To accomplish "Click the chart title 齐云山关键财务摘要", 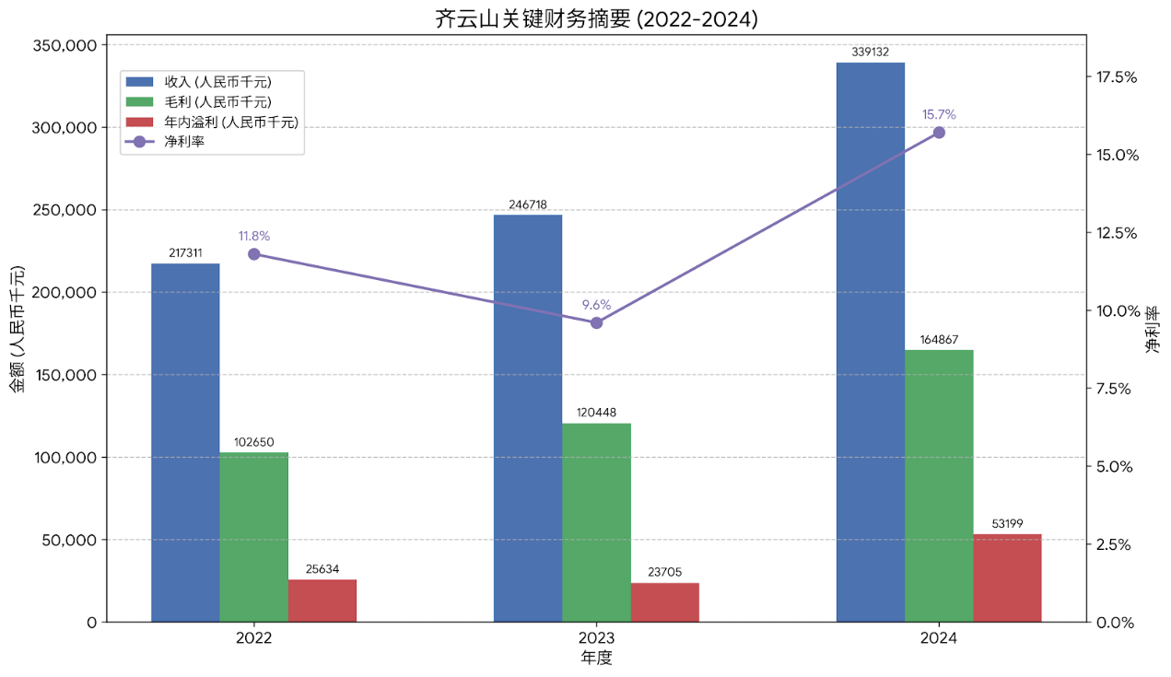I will coord(596,18).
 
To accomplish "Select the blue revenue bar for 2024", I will coord(870,342).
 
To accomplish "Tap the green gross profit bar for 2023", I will coord(596,522).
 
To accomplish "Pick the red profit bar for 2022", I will coord(322,601).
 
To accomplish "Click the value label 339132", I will coord(870,53).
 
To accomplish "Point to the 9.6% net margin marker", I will coord(596,322).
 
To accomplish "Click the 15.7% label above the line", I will coord(939,115).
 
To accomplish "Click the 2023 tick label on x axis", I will coord(596,638).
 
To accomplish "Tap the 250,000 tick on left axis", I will coord(65,210).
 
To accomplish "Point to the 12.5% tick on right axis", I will coord(1116,233).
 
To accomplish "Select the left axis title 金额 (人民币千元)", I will coord(17,330).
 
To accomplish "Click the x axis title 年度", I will coord(596,659).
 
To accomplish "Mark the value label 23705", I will coord(664,572).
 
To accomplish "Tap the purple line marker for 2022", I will coord(254,254).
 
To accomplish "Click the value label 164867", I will coord(939,340).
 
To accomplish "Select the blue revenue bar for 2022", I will coord(185,442).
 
